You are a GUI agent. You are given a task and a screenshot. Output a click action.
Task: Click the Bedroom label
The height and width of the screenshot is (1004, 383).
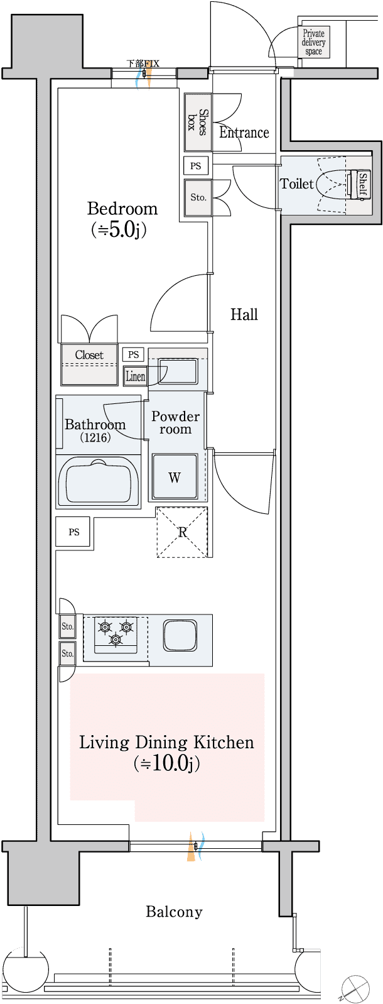coord(122,209)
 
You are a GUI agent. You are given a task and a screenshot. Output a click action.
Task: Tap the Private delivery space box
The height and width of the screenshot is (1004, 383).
coord(313,43)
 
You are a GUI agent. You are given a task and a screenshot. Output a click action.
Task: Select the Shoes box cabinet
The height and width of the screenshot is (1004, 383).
coord(197,122)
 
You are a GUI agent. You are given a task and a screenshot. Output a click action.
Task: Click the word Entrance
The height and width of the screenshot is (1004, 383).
coord(244,133)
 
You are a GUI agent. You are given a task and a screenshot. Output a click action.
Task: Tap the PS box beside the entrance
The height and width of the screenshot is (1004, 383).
coord(196,166)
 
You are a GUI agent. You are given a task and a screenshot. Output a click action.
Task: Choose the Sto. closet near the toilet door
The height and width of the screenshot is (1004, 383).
coord(198,197)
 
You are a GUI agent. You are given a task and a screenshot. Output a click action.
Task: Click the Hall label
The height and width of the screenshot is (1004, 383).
coord(244,314)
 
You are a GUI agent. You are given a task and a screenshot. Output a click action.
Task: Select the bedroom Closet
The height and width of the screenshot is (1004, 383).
coord(89,364)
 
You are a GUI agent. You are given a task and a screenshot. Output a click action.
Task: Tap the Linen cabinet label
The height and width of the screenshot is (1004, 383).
coord(135,376)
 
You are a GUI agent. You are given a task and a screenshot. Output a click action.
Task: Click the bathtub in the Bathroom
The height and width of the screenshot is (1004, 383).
coord(98,481)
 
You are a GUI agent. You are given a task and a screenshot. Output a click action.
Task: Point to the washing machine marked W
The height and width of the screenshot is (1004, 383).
coord(175,477)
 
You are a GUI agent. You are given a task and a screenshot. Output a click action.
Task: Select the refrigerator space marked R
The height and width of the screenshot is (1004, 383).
coord(181,532)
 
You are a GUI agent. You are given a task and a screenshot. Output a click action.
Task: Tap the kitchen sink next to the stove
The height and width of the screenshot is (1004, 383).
coord(180,635)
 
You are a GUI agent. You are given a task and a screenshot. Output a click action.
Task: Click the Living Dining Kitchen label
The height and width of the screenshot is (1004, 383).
coord(166,743)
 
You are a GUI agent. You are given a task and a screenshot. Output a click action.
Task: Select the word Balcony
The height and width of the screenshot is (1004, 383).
coord(174,912)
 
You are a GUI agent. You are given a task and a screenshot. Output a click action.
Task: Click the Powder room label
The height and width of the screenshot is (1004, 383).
coord(175,423)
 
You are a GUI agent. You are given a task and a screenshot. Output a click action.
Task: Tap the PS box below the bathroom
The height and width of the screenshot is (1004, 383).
coord(73,532)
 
